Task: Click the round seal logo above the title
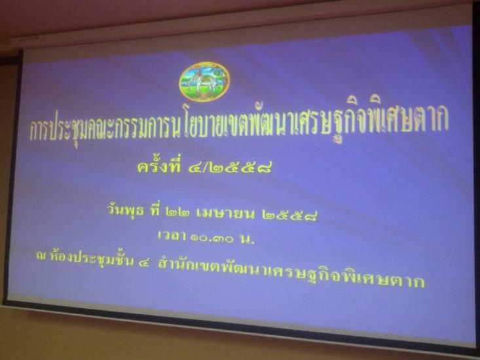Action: tap(204, 81)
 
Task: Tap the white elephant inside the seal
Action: tap(200, 82)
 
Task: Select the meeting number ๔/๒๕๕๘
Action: tap(230, 168)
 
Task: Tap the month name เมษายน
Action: tap(225, 214)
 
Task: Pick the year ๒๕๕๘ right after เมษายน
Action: tap(289, 215)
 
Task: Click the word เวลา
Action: tap(171, 236)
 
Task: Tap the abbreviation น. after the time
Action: tap(248, 239)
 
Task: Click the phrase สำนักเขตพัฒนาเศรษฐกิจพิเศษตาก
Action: tap(291, 272)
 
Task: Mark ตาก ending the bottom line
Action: tap(409, 281)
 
